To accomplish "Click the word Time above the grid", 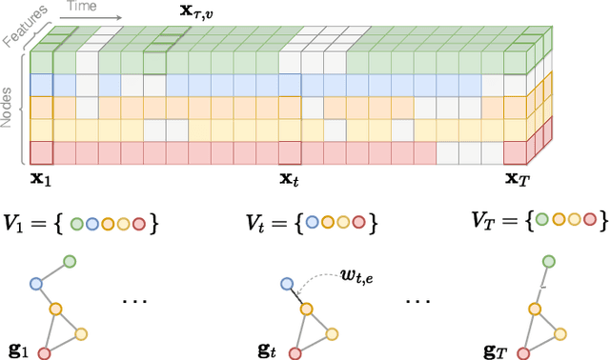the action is [80, 6].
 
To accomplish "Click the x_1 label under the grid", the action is [40, 178].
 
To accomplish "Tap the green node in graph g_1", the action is [69, 261].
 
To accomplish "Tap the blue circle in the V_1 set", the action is [93, 225].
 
